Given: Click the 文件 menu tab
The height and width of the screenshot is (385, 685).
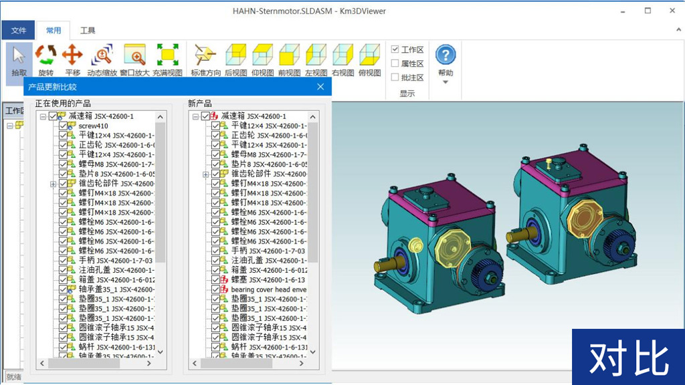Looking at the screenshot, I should [x=18, y=30].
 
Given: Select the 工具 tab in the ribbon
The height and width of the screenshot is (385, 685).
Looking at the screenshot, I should [x=88, y=30].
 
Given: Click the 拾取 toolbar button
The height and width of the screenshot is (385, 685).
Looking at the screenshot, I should [x=19, y=60].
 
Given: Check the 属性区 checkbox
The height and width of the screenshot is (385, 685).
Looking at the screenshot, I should [x=395, y=63].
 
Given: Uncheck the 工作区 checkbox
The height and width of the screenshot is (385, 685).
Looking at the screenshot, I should [x=395, y=49].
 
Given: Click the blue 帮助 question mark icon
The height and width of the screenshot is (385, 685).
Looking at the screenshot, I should [x=446, y=55].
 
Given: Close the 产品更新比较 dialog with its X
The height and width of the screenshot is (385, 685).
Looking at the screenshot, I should [x=320, y=87].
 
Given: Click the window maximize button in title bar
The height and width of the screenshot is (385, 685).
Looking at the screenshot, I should [x=648, y=11].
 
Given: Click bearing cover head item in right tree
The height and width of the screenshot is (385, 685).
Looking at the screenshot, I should [x=268, y=289].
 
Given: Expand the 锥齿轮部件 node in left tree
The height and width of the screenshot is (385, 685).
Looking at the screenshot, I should [x=53, y=184].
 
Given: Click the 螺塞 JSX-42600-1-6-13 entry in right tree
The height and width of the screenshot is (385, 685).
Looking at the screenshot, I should [x=268, y=280].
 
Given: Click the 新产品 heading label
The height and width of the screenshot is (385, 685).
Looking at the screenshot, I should [x=200, y=104].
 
